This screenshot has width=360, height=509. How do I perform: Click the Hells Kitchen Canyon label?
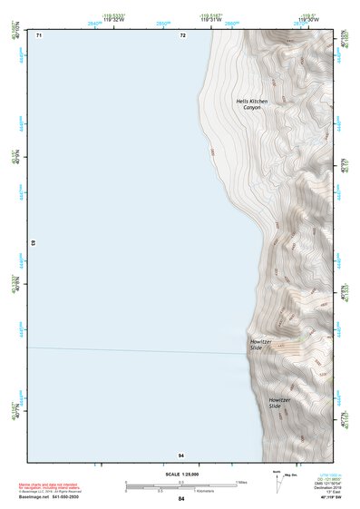pos(252,103)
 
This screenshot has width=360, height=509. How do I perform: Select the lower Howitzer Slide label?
pos(279,402)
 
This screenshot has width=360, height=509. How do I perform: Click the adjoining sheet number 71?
pos(39,35)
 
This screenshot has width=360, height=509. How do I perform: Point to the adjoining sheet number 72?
pos(182,35)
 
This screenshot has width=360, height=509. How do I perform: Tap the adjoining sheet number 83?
pos(34,243)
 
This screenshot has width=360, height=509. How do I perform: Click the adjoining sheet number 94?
pos(181,454)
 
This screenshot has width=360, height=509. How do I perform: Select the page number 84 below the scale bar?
pos(181,499)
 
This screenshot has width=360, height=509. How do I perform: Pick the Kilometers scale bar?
pos(172,489)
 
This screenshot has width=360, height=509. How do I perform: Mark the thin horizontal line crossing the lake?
pos(136,350)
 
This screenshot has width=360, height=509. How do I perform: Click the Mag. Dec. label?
pos(291,475)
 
